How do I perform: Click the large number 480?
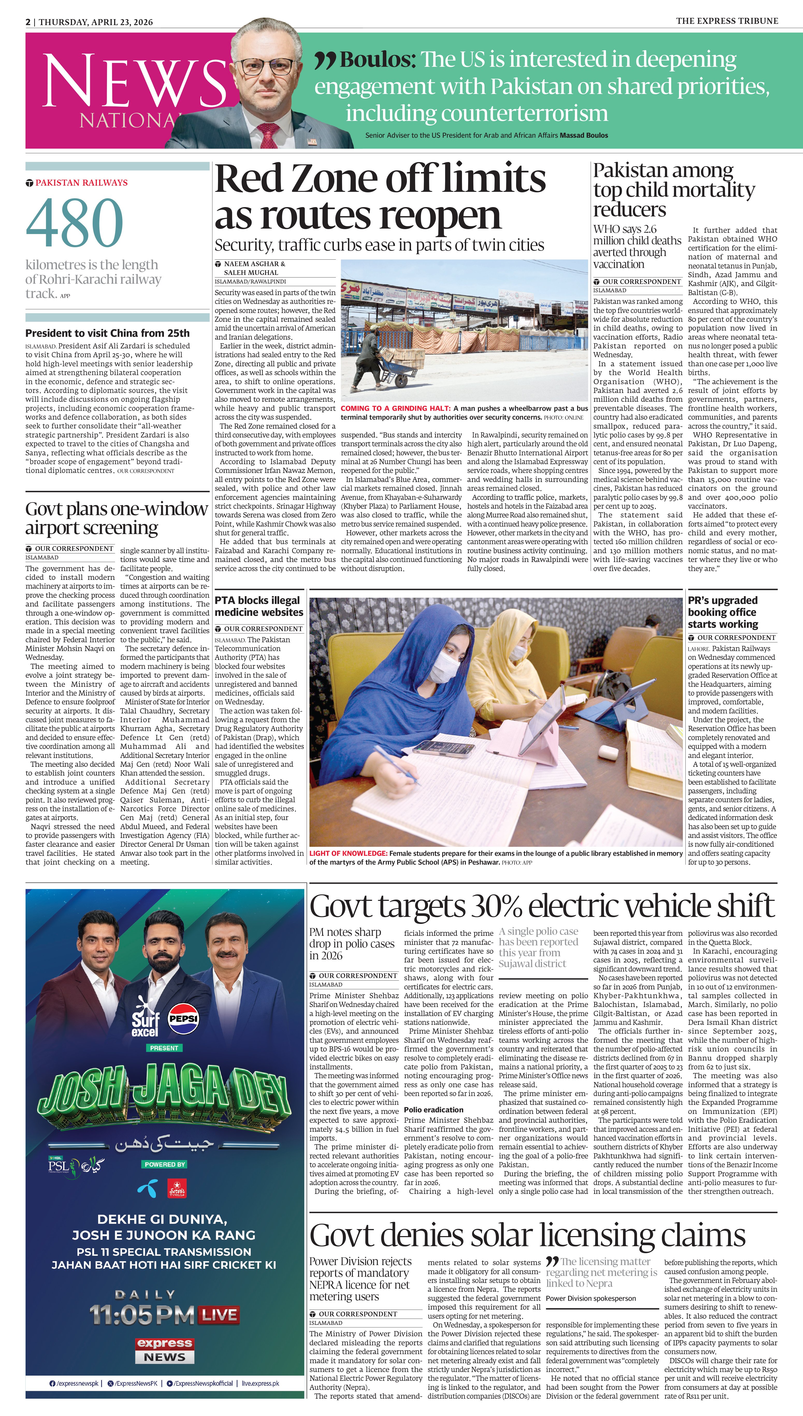75,223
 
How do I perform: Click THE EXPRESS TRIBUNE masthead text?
727,21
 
